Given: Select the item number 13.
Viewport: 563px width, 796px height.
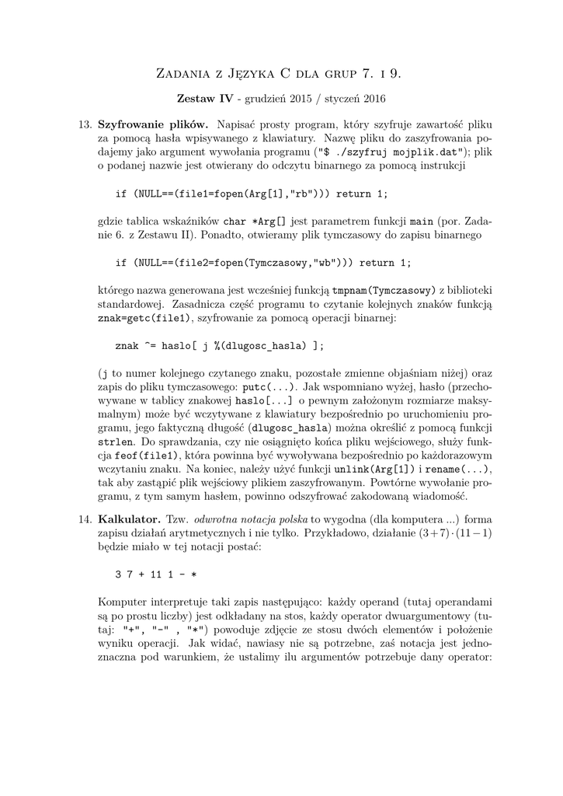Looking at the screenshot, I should pos(86,124).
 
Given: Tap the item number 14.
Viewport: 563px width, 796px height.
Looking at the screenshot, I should pos(86,518).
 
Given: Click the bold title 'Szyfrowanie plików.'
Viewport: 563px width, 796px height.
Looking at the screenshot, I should pos(153,124).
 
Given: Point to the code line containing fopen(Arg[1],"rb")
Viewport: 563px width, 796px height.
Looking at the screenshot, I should pos(251,192).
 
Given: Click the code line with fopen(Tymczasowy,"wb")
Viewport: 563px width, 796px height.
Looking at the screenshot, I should pos(263,262).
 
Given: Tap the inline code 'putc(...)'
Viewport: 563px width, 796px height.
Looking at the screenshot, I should pos(268,386).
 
